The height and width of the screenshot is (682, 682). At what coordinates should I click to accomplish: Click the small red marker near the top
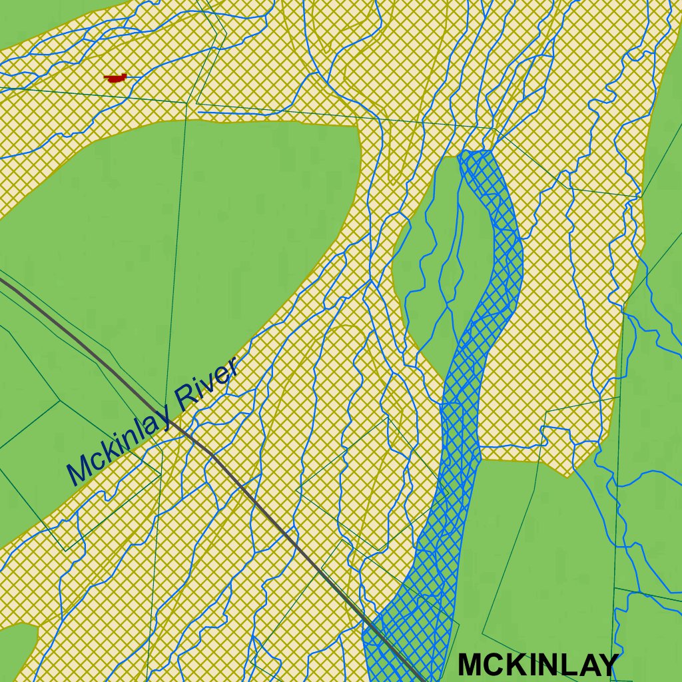116,79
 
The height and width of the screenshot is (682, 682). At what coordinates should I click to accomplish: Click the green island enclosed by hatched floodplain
433,266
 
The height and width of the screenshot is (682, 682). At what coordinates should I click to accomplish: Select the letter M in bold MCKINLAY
471,665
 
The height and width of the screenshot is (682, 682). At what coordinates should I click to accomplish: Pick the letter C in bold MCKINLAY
494,665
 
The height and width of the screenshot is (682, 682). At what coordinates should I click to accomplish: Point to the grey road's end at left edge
2,280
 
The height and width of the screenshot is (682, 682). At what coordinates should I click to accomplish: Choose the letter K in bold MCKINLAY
515,665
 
